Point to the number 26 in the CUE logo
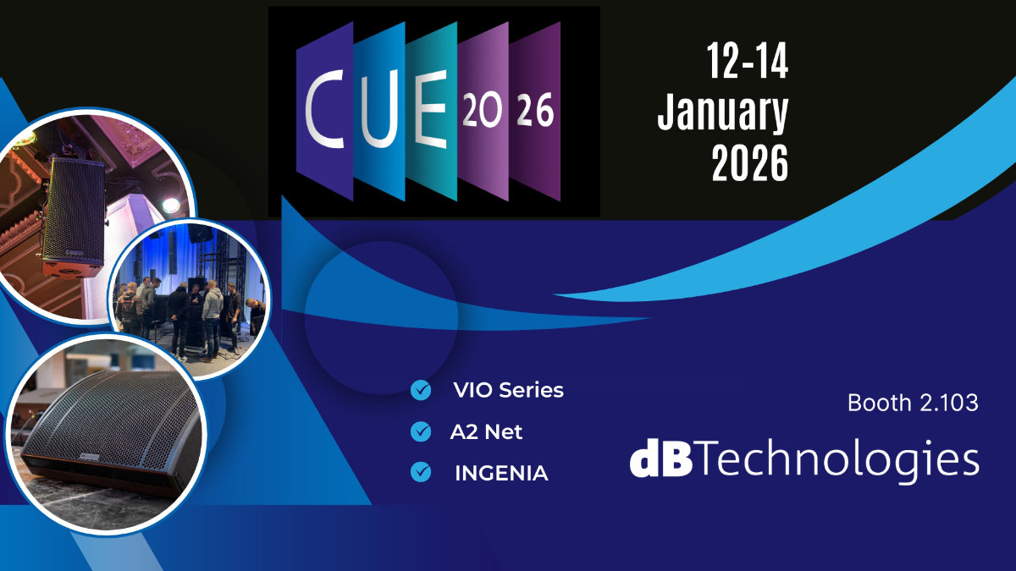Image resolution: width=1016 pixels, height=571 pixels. coord(535,111)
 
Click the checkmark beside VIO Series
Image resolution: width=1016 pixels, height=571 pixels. coord(420,390)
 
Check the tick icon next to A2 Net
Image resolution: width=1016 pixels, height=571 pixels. coord(420,431)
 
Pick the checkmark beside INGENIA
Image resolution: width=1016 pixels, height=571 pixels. coord(420,473)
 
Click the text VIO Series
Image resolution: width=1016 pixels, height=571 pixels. coord(508,391)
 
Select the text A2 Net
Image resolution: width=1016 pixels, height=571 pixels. coord(486,431)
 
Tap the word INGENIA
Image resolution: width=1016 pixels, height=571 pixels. coord(501,474)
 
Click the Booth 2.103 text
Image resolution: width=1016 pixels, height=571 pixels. coord(913,404)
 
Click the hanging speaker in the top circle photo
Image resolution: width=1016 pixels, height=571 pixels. coord(74,216)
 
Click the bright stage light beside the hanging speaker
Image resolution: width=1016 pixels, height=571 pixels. coord(171,204)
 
